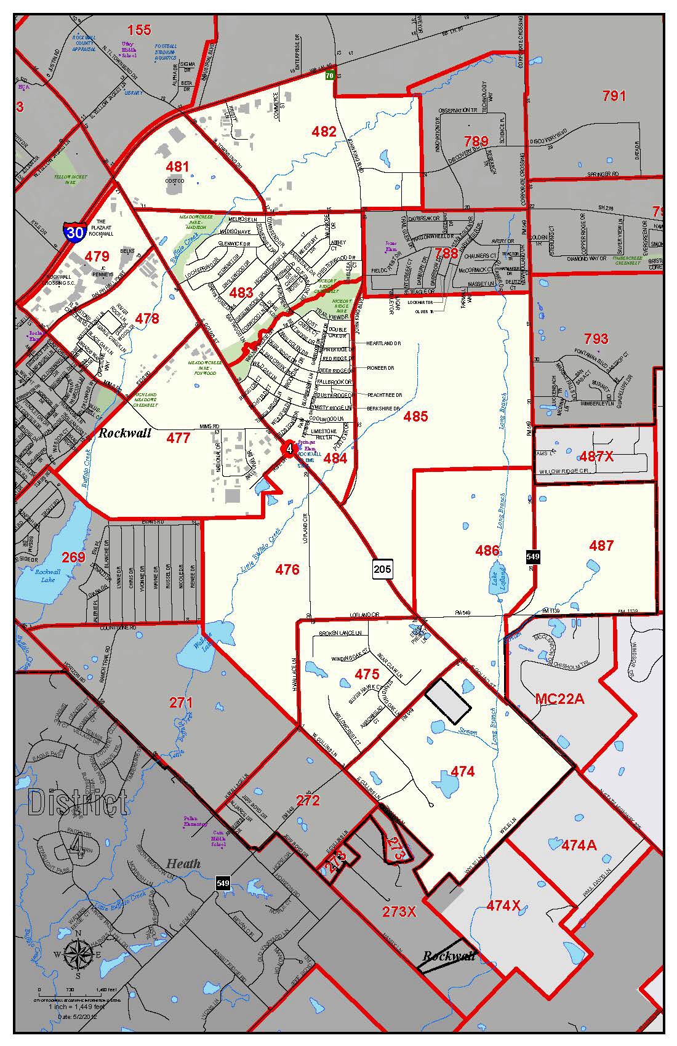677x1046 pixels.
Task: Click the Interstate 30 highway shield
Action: tap(74, 233)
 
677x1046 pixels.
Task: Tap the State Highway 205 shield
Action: tap(382, 569)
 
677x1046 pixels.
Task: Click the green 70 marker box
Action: tap(330, 75)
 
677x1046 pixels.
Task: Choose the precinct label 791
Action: tap(614, 96)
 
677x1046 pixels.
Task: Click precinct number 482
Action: tap(324, 131)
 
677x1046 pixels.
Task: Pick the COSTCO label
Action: tap(175, 181)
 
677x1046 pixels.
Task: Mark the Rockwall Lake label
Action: tap(44, 575)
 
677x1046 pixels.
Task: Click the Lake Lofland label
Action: tap(495, 583)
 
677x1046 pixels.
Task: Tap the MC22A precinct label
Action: tap(559, 698)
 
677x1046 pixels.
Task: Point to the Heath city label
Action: tap(183, 863)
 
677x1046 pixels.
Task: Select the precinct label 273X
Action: tap(399, 911)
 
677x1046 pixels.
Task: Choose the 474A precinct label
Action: tap(579, 845)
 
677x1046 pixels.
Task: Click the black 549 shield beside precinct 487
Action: tap(533, 556)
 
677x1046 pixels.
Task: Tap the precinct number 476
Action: tap(287, 569)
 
